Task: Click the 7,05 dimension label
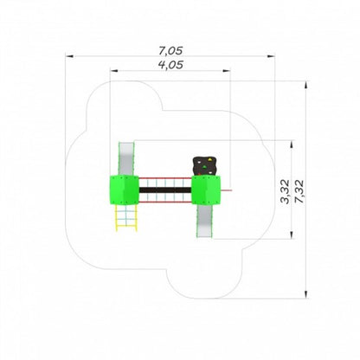[x=170, y=51]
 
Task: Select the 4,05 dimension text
[x=170, y=65]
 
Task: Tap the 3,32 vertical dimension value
[x=285, y=191]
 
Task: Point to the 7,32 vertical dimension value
[x=299, y=191]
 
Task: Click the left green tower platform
[x=124, y=190]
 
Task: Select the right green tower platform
[x=206, y=190]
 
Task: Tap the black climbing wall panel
[x=204, y=166]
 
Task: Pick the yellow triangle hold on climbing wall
[x=211, y=159]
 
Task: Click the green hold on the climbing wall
[x=204, y=166]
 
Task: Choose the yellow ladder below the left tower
[x=126, y=218]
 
